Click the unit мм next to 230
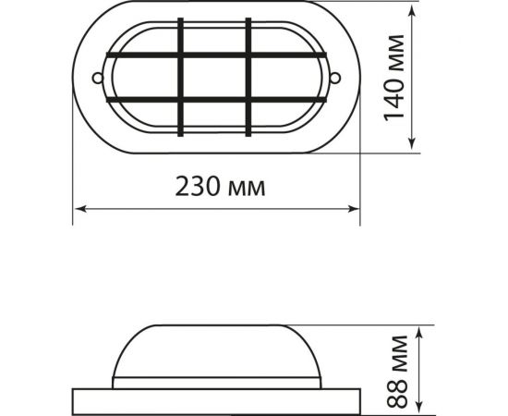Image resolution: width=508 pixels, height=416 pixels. [x=246, y=189]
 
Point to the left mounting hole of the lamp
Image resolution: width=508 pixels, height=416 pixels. [x=97, y=77]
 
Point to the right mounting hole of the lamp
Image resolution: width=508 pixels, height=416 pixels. [x=336, y=77]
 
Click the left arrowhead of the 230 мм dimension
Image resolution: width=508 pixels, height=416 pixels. [x=79, y=208]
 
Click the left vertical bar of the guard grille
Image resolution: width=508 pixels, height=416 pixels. [x=182, y=77]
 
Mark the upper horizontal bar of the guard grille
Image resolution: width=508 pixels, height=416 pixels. [x=216, y=56]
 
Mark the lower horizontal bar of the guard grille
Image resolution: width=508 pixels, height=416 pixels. [x=216, y=98]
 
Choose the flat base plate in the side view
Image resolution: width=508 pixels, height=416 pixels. [x=215, y=400]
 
